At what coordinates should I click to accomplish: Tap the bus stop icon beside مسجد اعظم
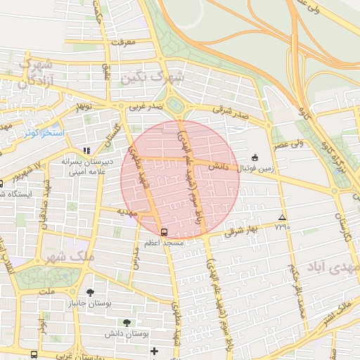pyautogui.click(x=164, y=231)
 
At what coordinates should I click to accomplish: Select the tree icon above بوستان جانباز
pyautogui.click(x=89, y=292)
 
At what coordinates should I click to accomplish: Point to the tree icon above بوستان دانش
pyautogui.click(x=127, y=322)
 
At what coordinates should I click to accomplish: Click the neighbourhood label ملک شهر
pyautogui.click(x=70, y=256)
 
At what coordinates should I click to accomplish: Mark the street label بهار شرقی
pyautogui.click(x=243, y=231)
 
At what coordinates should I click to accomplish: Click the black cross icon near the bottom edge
pyautogui.click(x=154, y=350)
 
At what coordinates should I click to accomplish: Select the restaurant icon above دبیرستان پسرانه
pyautogui.click(x=86, y=150)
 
